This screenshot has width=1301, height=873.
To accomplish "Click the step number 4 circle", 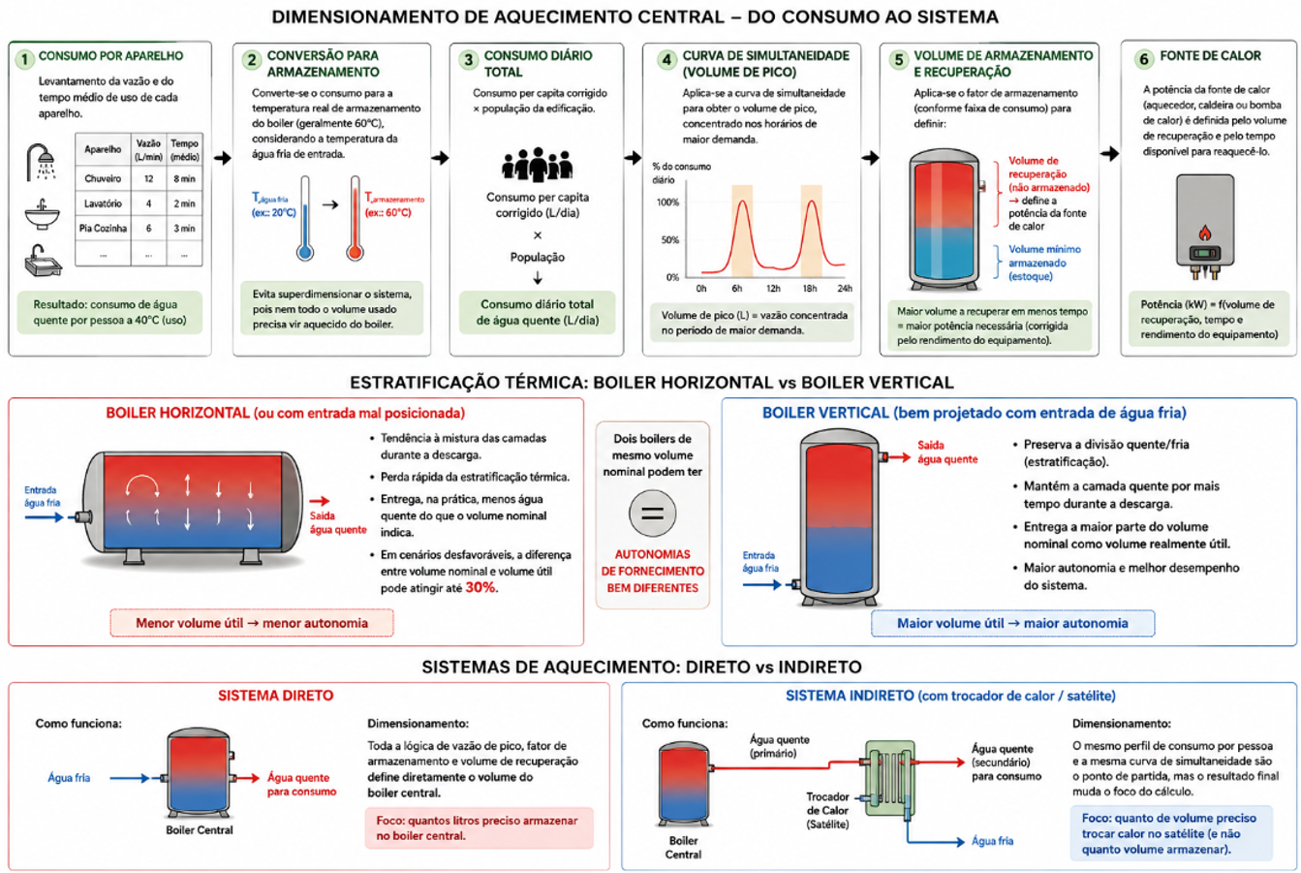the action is pyautogui.click(x=666, y=59).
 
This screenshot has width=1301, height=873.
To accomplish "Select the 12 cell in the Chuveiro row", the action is pyautogui.click(x=148, y=179).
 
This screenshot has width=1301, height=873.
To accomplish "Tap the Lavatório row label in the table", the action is pyautogui.click(x=103, y=203).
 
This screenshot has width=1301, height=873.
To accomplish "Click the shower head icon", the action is pyautogui.click(x=42, y=162).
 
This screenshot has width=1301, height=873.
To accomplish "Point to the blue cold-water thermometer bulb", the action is pyautogui.click(x=305, y=253).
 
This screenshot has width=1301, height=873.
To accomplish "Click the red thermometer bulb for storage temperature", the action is pyautogui.click(x=355, y=253).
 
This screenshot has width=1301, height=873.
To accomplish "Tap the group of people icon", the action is pyautogui.click(x=538, y=165).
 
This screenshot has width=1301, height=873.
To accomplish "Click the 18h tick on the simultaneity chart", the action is pyautogui.click(x=810, y=288).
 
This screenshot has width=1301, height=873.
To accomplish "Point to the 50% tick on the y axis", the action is pyautogui.click(x=669, y=240).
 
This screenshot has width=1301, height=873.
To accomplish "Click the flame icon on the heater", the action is pyautogui.click(x=1205, y=233).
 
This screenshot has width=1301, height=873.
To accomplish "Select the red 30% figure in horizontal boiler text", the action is pyautogui.click(x=480, y=588).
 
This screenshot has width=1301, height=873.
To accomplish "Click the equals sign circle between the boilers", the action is pyautogui.click(x=652, y=514).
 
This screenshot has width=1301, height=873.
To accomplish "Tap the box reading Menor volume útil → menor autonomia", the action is pyautogui.click(x=252, y=623).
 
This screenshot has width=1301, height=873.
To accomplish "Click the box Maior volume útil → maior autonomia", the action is pyautogui.click(x=1012, y=623).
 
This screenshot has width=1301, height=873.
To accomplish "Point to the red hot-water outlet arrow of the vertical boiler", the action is pyautogui.click(x=898, y=457).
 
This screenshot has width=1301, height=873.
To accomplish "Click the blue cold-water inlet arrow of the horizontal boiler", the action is pyautogui.click(x=44, y=517).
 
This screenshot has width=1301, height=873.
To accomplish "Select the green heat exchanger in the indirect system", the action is pyautogui.click(x=889, y=777).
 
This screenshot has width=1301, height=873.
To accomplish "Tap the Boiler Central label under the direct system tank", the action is pyautogui.click(x=200, y=830).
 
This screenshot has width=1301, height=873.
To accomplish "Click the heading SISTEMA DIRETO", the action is pyautogui.click(x=276, y=696).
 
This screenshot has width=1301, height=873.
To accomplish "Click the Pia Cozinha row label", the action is pyautogui.click(x=103, y=229).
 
